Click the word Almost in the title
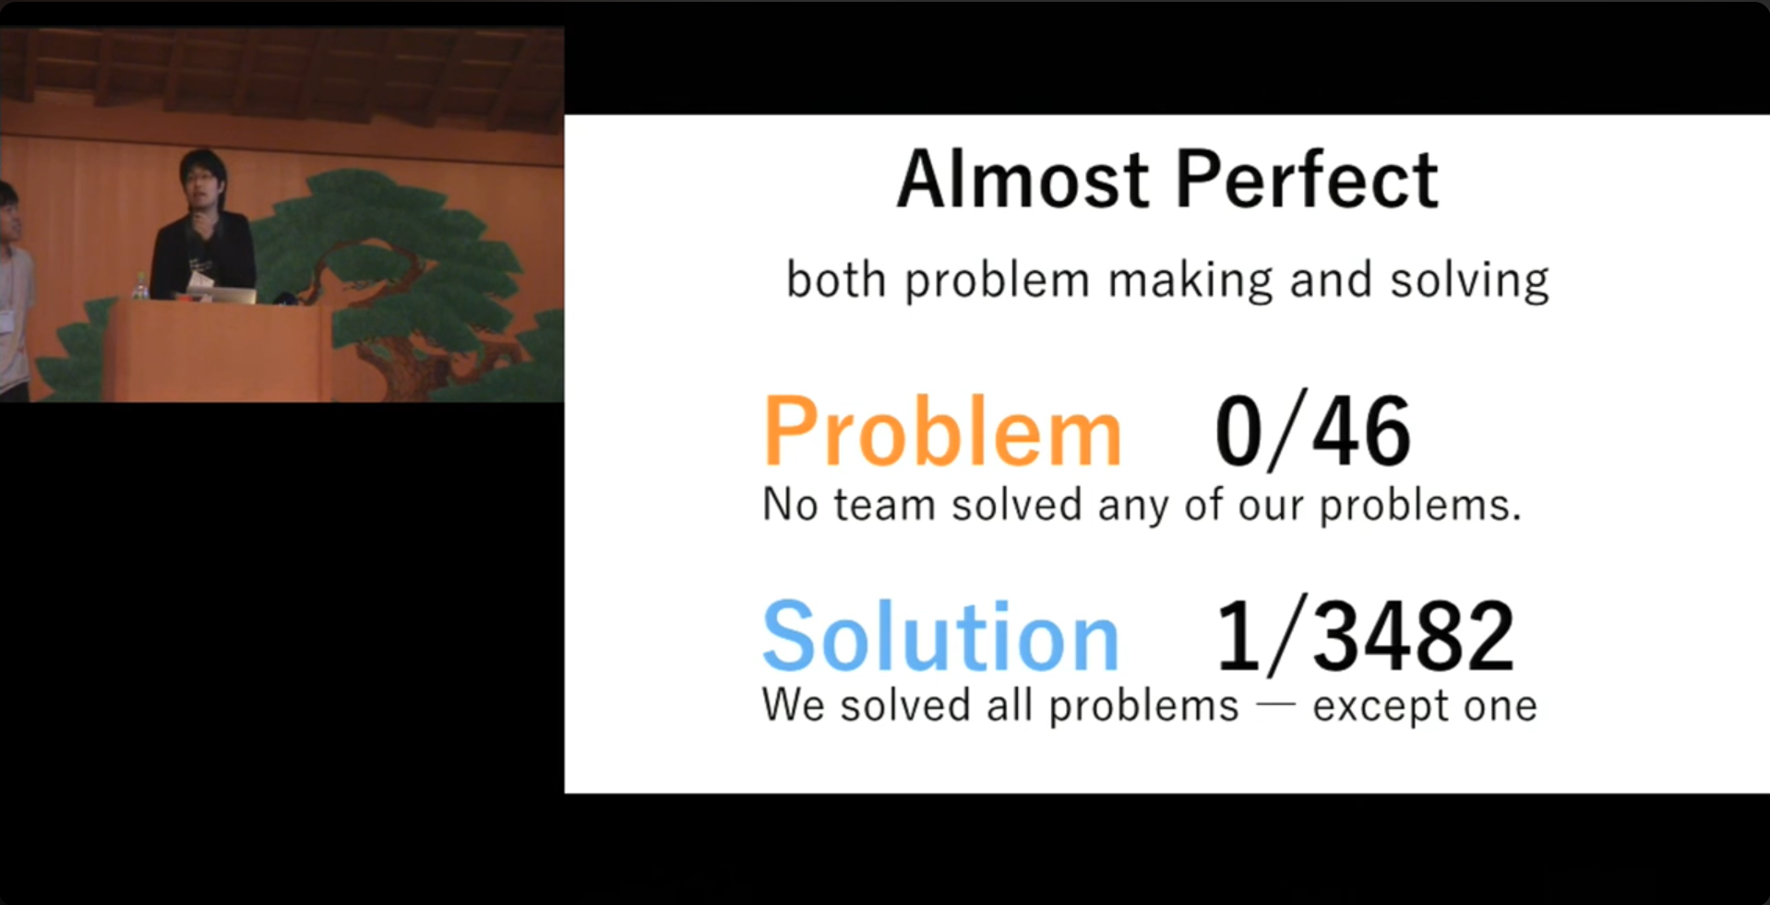tap(1023, 179)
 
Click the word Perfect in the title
tap(1307, 179)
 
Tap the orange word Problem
tap(942, 431)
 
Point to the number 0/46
tap(1312, 430)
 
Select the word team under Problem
tap(884, 505)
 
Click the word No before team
tap(790, 505)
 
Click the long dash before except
tap(1276, 706)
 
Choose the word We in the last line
tap(793, 705)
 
